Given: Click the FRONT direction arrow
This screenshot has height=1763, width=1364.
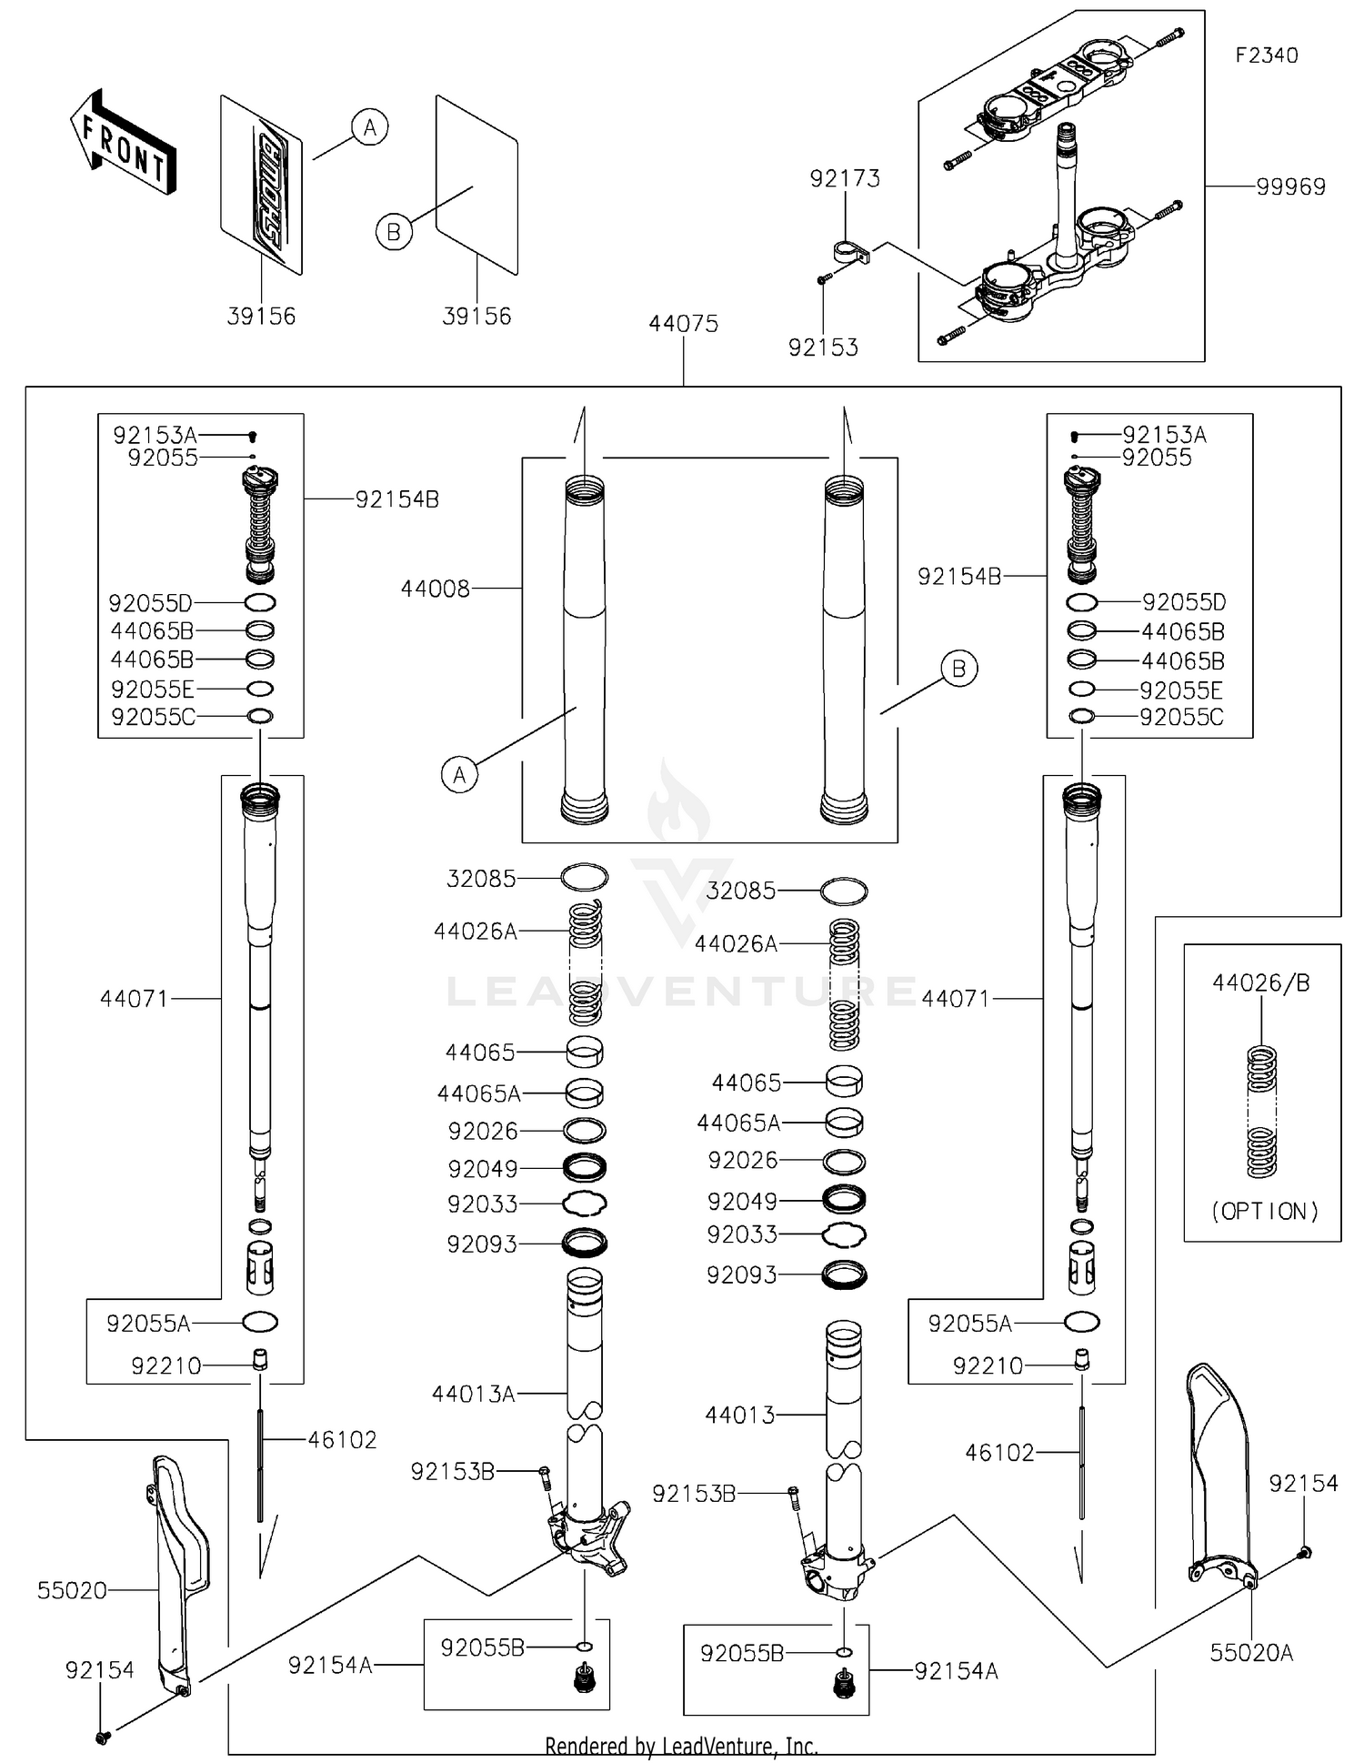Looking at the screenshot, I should (x=122, y=144).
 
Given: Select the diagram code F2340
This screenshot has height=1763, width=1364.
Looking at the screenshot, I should (x=1266, y=55).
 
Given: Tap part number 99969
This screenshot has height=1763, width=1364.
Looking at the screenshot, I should (x=1290, y=186).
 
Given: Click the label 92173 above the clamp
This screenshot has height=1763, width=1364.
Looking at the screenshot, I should (x=845, y=178).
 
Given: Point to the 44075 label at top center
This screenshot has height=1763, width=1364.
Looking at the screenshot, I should (x=683, y=324).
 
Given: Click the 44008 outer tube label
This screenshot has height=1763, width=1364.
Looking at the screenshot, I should (x=436, y=589).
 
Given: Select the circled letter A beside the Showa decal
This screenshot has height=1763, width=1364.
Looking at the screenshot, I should (x=369, y=127).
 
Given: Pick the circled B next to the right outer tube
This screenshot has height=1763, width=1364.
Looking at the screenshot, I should (x=958, y=669).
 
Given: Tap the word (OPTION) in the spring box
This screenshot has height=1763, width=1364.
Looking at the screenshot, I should (x=1264, y=1212).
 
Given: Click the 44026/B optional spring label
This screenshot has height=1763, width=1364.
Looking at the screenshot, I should (x=1260, y=983).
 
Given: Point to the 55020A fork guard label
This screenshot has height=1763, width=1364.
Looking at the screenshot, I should (x=1250, y=1653).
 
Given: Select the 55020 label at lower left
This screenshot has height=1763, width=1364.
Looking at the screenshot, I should (x=72, y=1590).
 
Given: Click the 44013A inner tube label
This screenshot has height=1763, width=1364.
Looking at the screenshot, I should (x=473, y=1394).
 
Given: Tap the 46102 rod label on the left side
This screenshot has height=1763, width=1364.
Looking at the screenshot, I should (x=342, y=1440).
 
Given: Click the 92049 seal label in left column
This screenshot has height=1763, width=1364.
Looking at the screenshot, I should (x=482, y=1169).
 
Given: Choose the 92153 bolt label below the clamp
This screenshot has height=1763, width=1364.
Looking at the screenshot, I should (x=823, y=348).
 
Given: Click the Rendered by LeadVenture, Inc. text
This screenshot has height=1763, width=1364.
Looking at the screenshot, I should (x=681, y=1746).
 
